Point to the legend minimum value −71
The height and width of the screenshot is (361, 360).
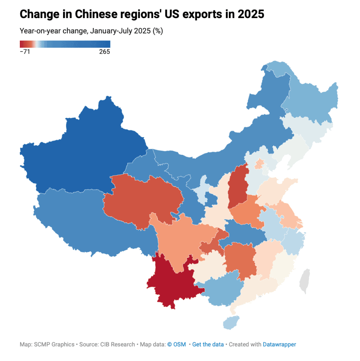pyautogui.click(x=25, y=52)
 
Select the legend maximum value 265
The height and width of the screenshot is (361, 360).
pyautogui.click(x=105, y=52)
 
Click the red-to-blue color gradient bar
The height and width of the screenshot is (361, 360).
pyautogui.click(x=65, y=44)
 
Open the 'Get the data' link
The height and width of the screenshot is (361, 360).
pyautogui.click(x=208, y=344)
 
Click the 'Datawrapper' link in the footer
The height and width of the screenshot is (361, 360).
pyautogui.click(x=279, y=344)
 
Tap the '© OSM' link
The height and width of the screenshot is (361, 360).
pyautogui.click(x=177, y=344)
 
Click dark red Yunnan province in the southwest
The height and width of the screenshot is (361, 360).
pyautogui.click(x=171, y=281)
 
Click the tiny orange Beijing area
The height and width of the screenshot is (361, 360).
pyautogui.click(x=260, y=164)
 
